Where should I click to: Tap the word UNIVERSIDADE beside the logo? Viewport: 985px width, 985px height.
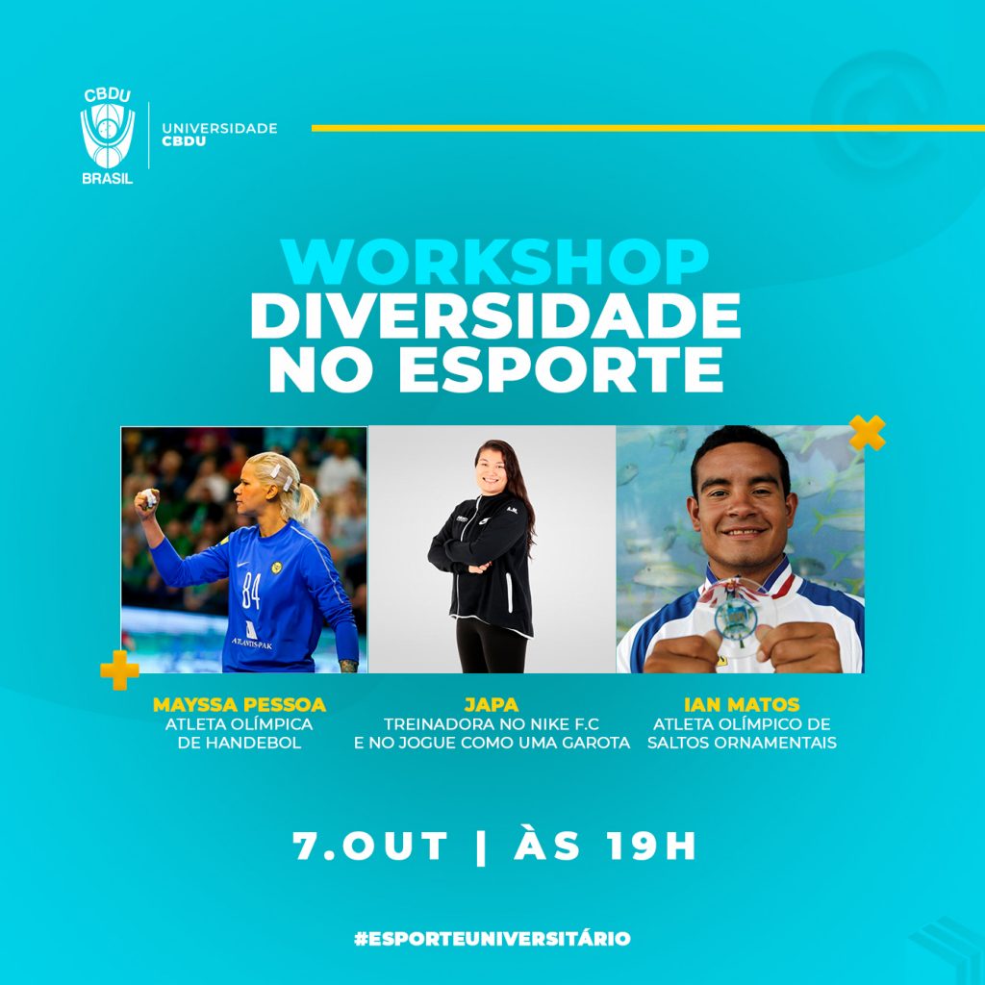[219, 128]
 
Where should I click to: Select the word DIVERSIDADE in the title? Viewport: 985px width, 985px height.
[495, 316]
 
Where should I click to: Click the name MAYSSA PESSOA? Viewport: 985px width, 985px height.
[240, 705]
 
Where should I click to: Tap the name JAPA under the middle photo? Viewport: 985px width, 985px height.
[492, 705]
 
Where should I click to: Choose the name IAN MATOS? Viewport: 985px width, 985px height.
[742, 705]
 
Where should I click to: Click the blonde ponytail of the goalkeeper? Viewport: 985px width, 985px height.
[304, 499]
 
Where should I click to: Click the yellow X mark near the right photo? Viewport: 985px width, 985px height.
[868, 433]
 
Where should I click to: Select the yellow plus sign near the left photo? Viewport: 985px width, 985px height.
[119, 669]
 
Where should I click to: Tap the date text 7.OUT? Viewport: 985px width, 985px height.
[370, 846]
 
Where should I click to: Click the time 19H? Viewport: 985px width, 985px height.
[652, 846]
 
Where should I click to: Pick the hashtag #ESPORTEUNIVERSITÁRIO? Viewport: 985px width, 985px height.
[492, 939]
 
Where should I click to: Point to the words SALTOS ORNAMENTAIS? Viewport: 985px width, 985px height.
[742, 743]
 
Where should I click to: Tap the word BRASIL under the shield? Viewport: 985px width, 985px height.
[108, 178]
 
